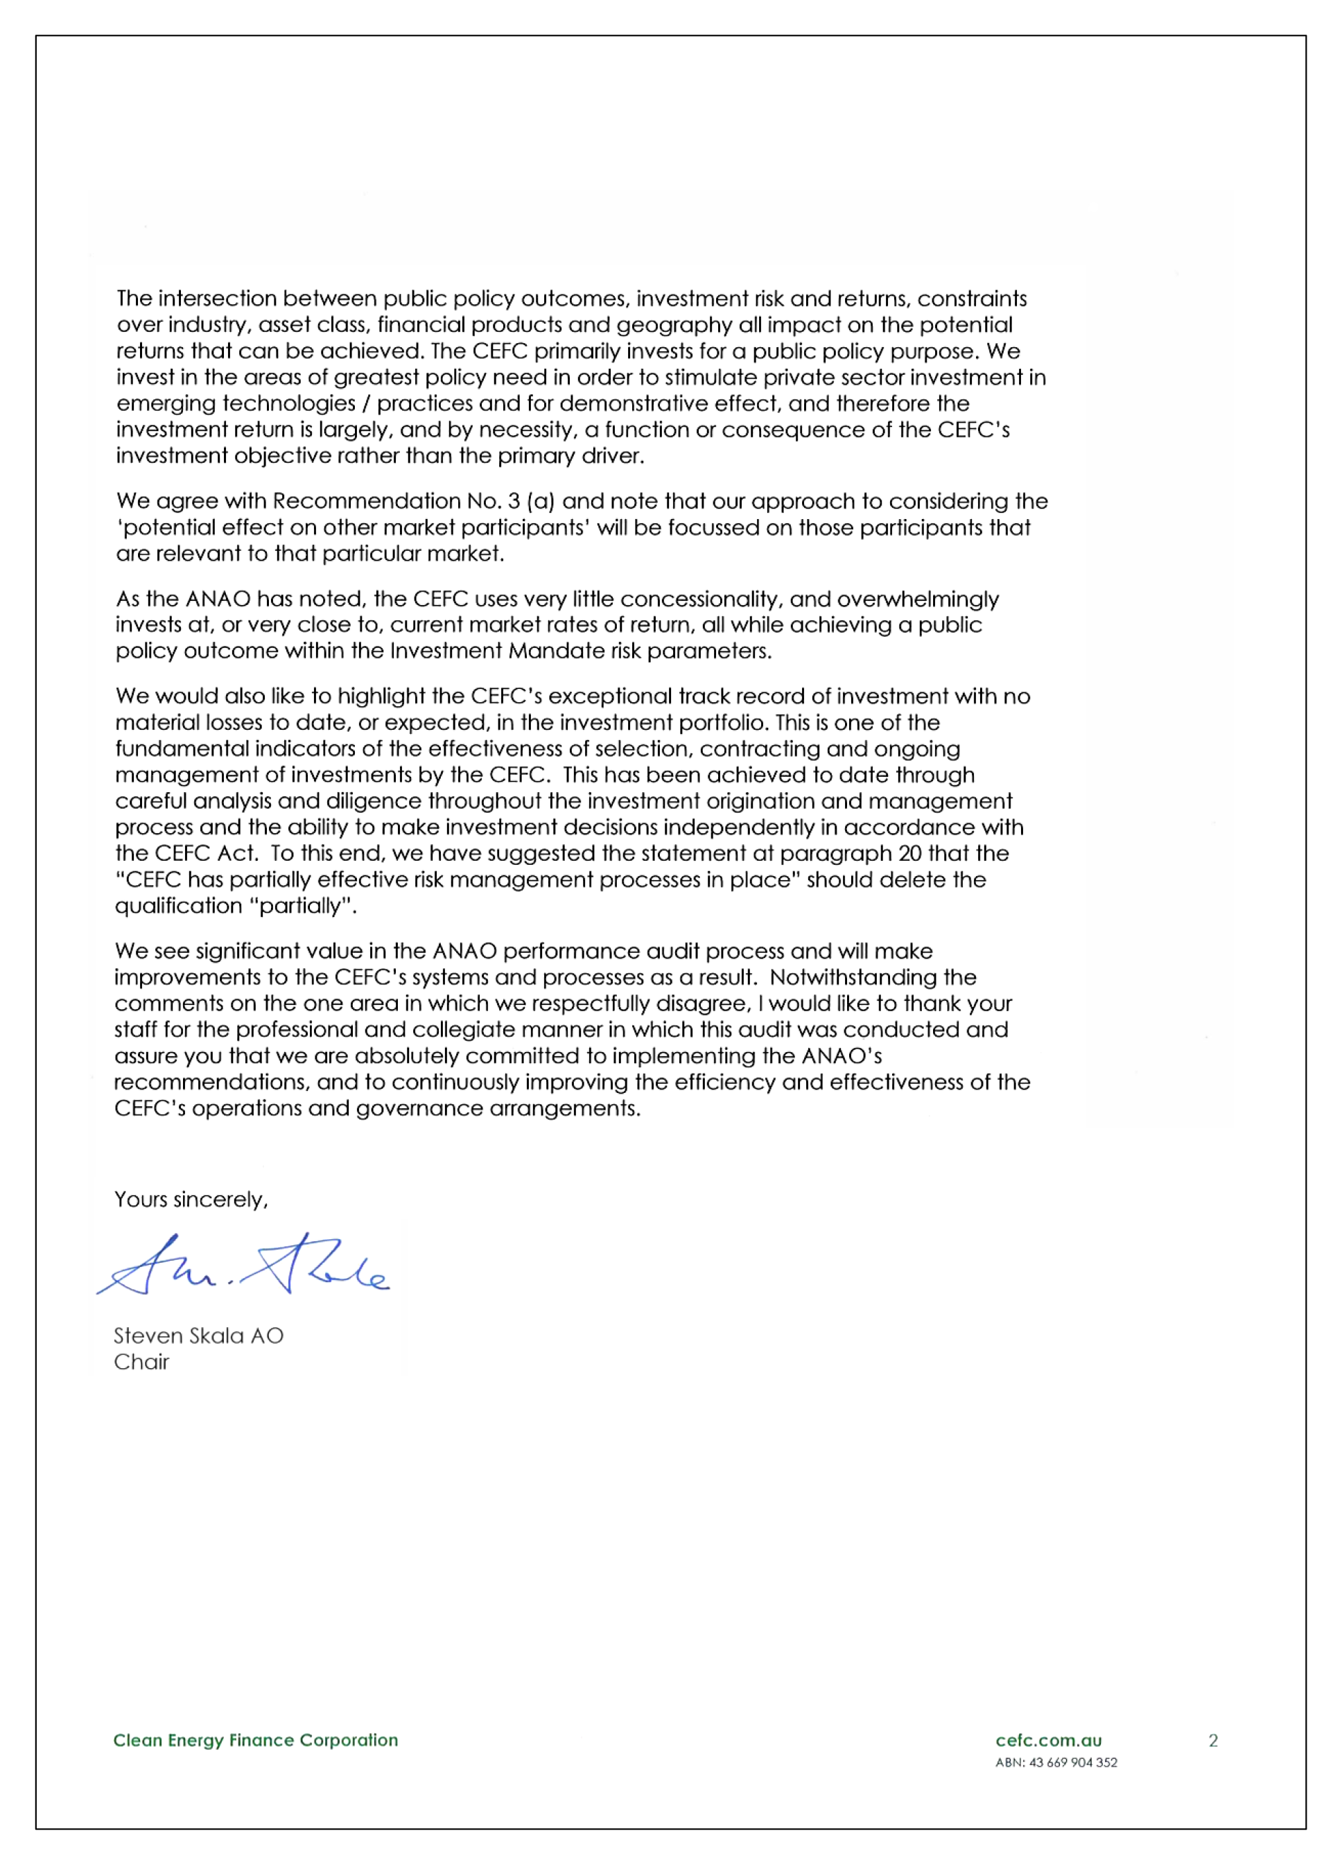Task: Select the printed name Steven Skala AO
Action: pyautogui.click(x=198, y=1336)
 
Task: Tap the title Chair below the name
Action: pyautogui.click(x=141, y=1362)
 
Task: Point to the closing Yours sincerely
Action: pyautogui.click(x=191, y=1200)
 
